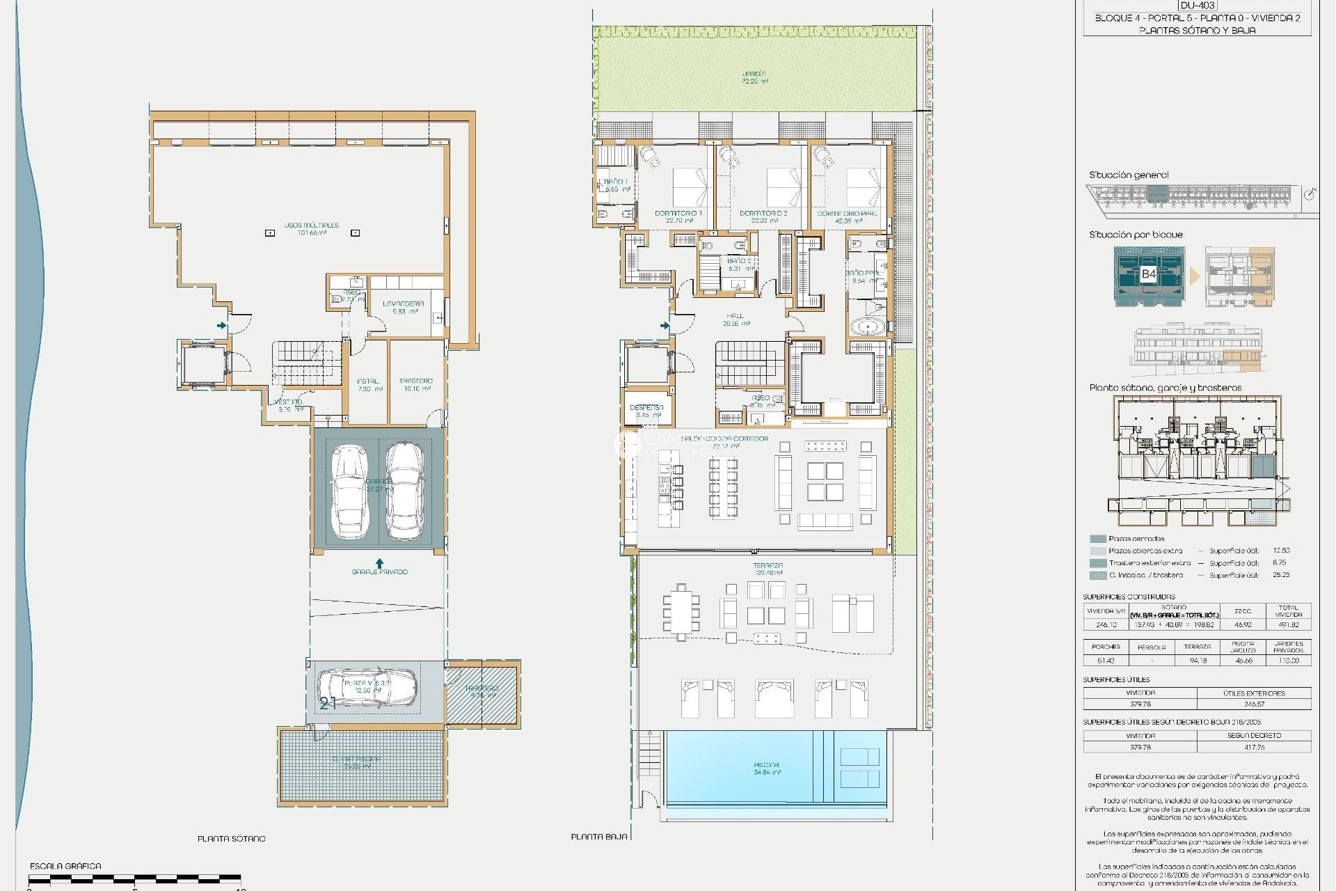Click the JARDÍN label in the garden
pos(754,74)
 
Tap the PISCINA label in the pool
pos(766,765)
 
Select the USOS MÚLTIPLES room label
pos(311,226)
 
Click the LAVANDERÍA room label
pos(404,304)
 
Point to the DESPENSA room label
pos(646,408)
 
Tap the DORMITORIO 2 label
pos(763,214)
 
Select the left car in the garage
pos(349,491)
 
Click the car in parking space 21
pos(367,687)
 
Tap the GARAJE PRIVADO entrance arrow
pos(379,562)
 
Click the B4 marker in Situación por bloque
pos(1148,274)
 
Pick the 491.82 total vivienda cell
pos(1288,624)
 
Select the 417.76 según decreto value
pos(1254,747)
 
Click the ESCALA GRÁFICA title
pos(65,866)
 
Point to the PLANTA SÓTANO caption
pos(231,839)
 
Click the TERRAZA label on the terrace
pos(768,566)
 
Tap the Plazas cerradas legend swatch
pos(1098,539)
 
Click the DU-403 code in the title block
pos(1197,6)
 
